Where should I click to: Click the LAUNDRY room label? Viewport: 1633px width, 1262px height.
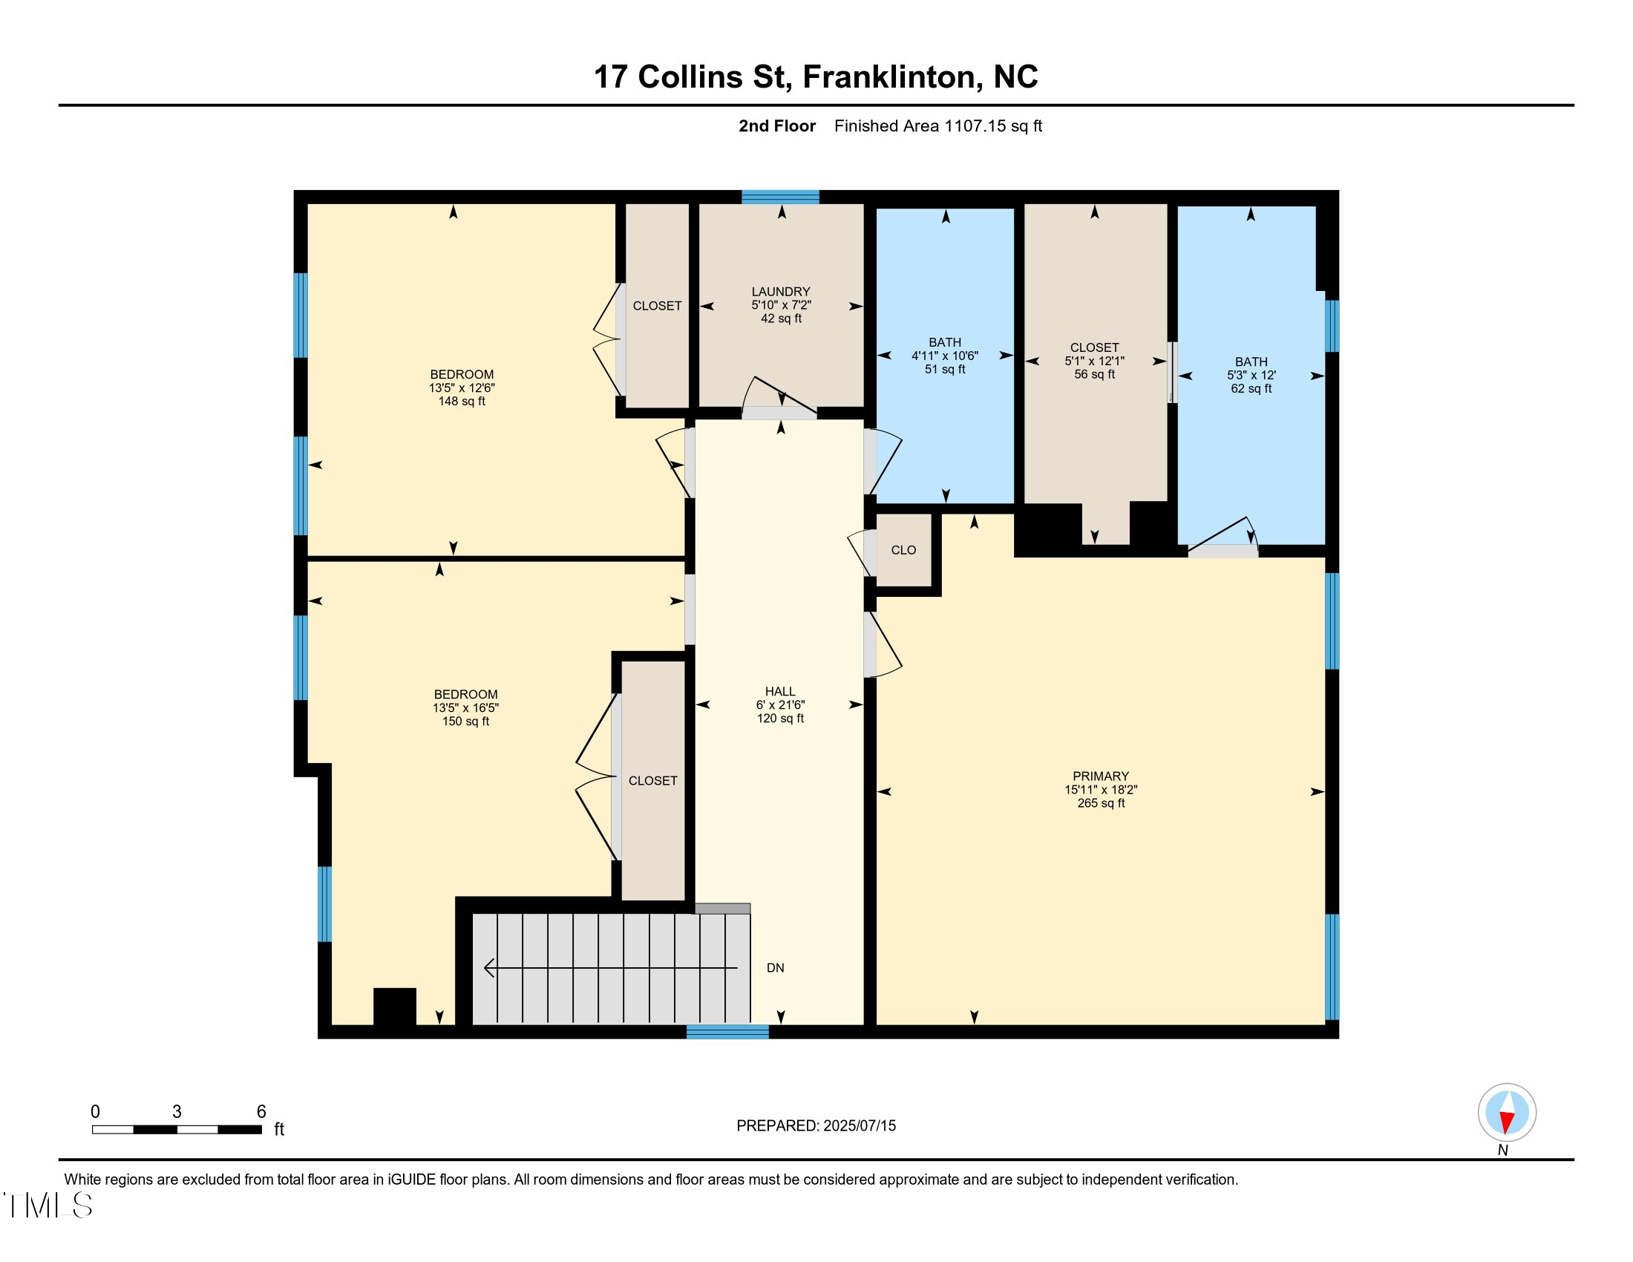781,292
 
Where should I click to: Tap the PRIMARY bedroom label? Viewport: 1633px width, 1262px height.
1101,776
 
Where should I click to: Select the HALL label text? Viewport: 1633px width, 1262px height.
780,692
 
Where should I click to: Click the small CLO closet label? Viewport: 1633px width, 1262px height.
903,550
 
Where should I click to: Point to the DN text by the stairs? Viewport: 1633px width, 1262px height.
776,967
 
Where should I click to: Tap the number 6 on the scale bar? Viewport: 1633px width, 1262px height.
261,1111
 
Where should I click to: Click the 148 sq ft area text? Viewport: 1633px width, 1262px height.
462,402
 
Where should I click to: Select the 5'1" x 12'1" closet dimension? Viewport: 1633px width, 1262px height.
1095,360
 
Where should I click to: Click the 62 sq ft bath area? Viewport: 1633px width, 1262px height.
1251,389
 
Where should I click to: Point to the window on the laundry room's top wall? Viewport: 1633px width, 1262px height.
780,197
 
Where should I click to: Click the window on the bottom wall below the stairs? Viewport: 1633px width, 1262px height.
727,1032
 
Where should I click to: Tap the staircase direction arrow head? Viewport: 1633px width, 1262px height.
489,968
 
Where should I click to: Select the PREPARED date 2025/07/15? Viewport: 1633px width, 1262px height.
859,1126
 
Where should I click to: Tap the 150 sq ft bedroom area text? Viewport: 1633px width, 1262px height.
465,722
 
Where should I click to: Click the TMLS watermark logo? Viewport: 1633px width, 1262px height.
48,1205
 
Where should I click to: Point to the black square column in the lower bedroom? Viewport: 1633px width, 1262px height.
395,1007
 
